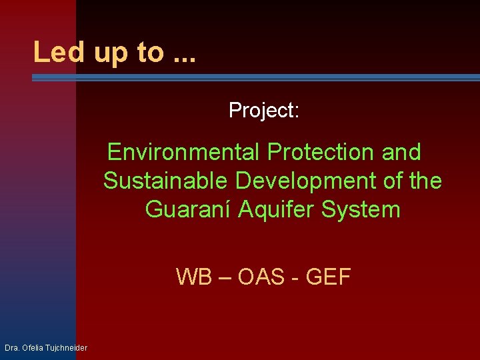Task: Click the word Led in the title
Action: pyautogui.click(x=59, y=52)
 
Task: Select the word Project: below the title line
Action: pyautogui.click(x=264, y=110)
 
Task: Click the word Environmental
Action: pyautogui.click(x=184, y=153)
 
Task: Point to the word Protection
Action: pyautogui.click(x=321, y=153)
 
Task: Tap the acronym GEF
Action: pyautogui.click(x=328, y=276)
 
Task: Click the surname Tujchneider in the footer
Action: pyautogui.click(x=65, y=348)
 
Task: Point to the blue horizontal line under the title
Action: pyautogui.click(x=256, y=77)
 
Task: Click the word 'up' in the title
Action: pyautogui.click(x=111, y=53)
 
